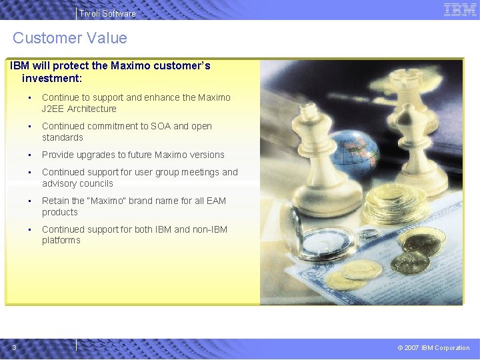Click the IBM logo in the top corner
[460, 9]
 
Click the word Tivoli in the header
[89, 13]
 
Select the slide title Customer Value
[69, 38]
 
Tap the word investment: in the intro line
[52, 78]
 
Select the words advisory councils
[77, 183]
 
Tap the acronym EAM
[215, 201]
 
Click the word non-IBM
[210, 229]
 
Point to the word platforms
[61, 240]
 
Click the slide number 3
[14, 347]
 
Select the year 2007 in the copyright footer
[411, 347]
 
